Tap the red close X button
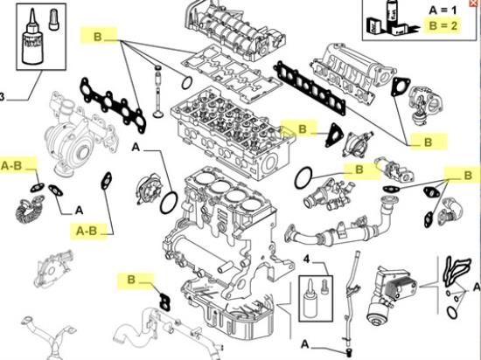tap(474, 4)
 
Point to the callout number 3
tap(3, 97)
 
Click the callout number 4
tap(307, 260)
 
